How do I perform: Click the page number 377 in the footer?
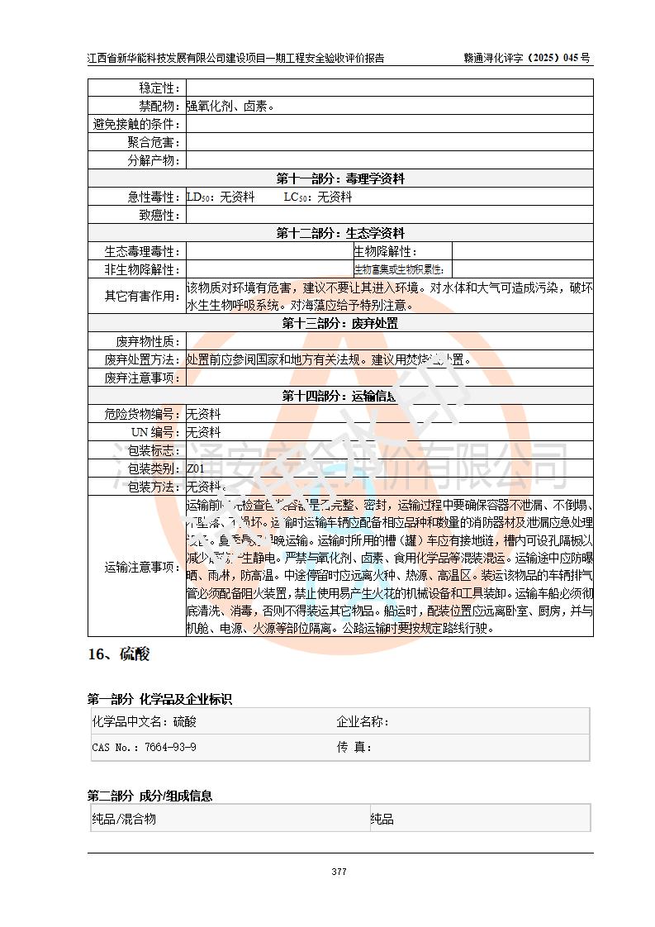pyautogui.click(x=339, y=872)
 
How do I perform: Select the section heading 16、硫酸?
pyautogui.click(x=119, y=654)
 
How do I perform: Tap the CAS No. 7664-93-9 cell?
pyautogui.click(x=145, y=747)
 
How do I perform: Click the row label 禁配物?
pyautogui.click(x=159, y=106)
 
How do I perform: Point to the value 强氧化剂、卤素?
pyautogui.click(x=230, y=106)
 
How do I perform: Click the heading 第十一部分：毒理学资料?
pyautogui.click(x=340, y=178)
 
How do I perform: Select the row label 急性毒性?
pyautogui.click(x=154, y=197)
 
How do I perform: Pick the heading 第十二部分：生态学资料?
pyautogui.click(x=340, y=233)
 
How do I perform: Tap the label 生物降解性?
pyautogui.click(x=385, y=251)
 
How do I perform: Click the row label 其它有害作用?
pyautogui.click(x=142, y=296)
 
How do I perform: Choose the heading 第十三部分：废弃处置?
pyautogui.click(x=340, y=323)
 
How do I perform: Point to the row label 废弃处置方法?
pyautogui.click(x=142, y=359)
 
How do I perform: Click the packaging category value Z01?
pyautogui.click(x=195, y=468)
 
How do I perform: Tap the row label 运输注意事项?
pyautogui.click(x=142, y=567)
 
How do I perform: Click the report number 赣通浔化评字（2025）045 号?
pyautogui.click(x=528, y=58)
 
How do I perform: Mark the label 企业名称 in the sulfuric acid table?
pyautogui.click(x=363, y=721)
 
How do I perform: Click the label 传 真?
pyautogui.click(x=354, y=747)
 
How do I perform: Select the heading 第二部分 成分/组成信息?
pyautogui.click(x=150, y=796)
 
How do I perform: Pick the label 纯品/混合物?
pyautogui.click(x=124, y=819)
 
